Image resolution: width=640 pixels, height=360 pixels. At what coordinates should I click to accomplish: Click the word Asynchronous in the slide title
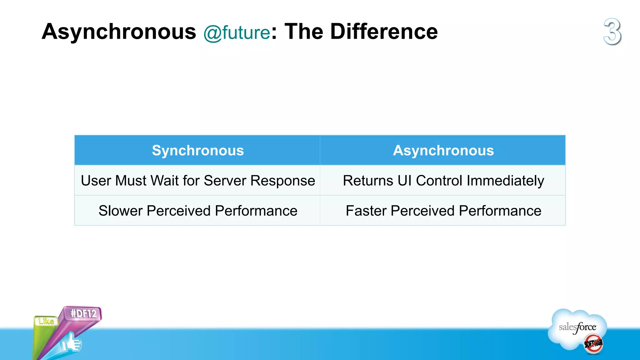[x=119, y=32]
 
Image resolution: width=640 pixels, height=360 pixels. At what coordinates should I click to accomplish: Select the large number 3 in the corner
[x=612, y=32]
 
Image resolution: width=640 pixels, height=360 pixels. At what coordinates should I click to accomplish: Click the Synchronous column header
[x=197, y=150]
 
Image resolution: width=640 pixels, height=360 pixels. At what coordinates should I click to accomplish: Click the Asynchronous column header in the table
[x=443, y=150]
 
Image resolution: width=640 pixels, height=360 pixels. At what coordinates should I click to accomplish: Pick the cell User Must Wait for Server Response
[x=197, y=181]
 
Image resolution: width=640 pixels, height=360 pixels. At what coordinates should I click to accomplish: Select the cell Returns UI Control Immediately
[x=443, y=181]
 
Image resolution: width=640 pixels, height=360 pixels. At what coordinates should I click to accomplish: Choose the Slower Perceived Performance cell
[x=197, y=211]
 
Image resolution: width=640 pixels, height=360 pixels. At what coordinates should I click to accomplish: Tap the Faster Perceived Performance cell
[x=443, y=211]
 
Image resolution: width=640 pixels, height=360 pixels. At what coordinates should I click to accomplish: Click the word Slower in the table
[x=121, y=211]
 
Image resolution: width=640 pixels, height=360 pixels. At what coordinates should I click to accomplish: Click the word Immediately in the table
[x=505, y=181]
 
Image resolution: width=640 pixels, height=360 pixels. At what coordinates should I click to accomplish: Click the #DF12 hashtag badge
[x=83, y=313]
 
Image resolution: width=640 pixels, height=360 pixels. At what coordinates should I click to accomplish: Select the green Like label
[x=46, y=321]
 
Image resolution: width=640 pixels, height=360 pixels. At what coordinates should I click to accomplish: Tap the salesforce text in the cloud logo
[x=577, y=327]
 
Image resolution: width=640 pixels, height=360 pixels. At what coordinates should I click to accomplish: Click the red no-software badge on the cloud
[x=593, y=344]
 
